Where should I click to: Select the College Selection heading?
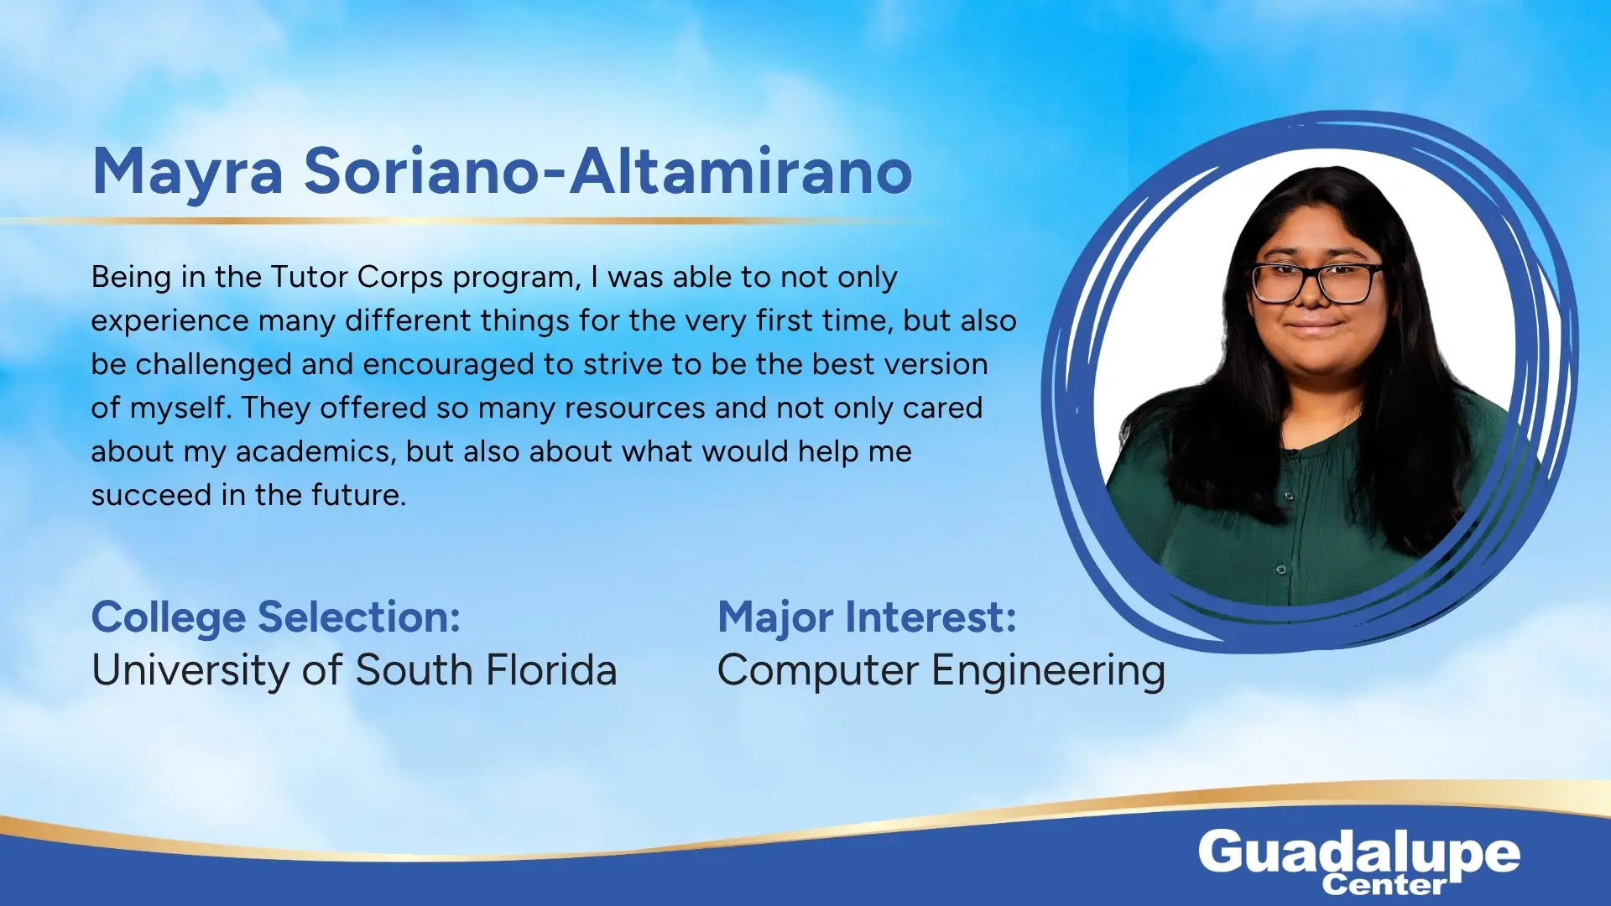[x=276, y=619]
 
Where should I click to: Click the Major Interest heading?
[x=867, y=618]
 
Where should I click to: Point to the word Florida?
[x=551, y=669]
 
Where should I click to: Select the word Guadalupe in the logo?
[x=1359, y=854]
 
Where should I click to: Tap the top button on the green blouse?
[x=1290, y=497]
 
